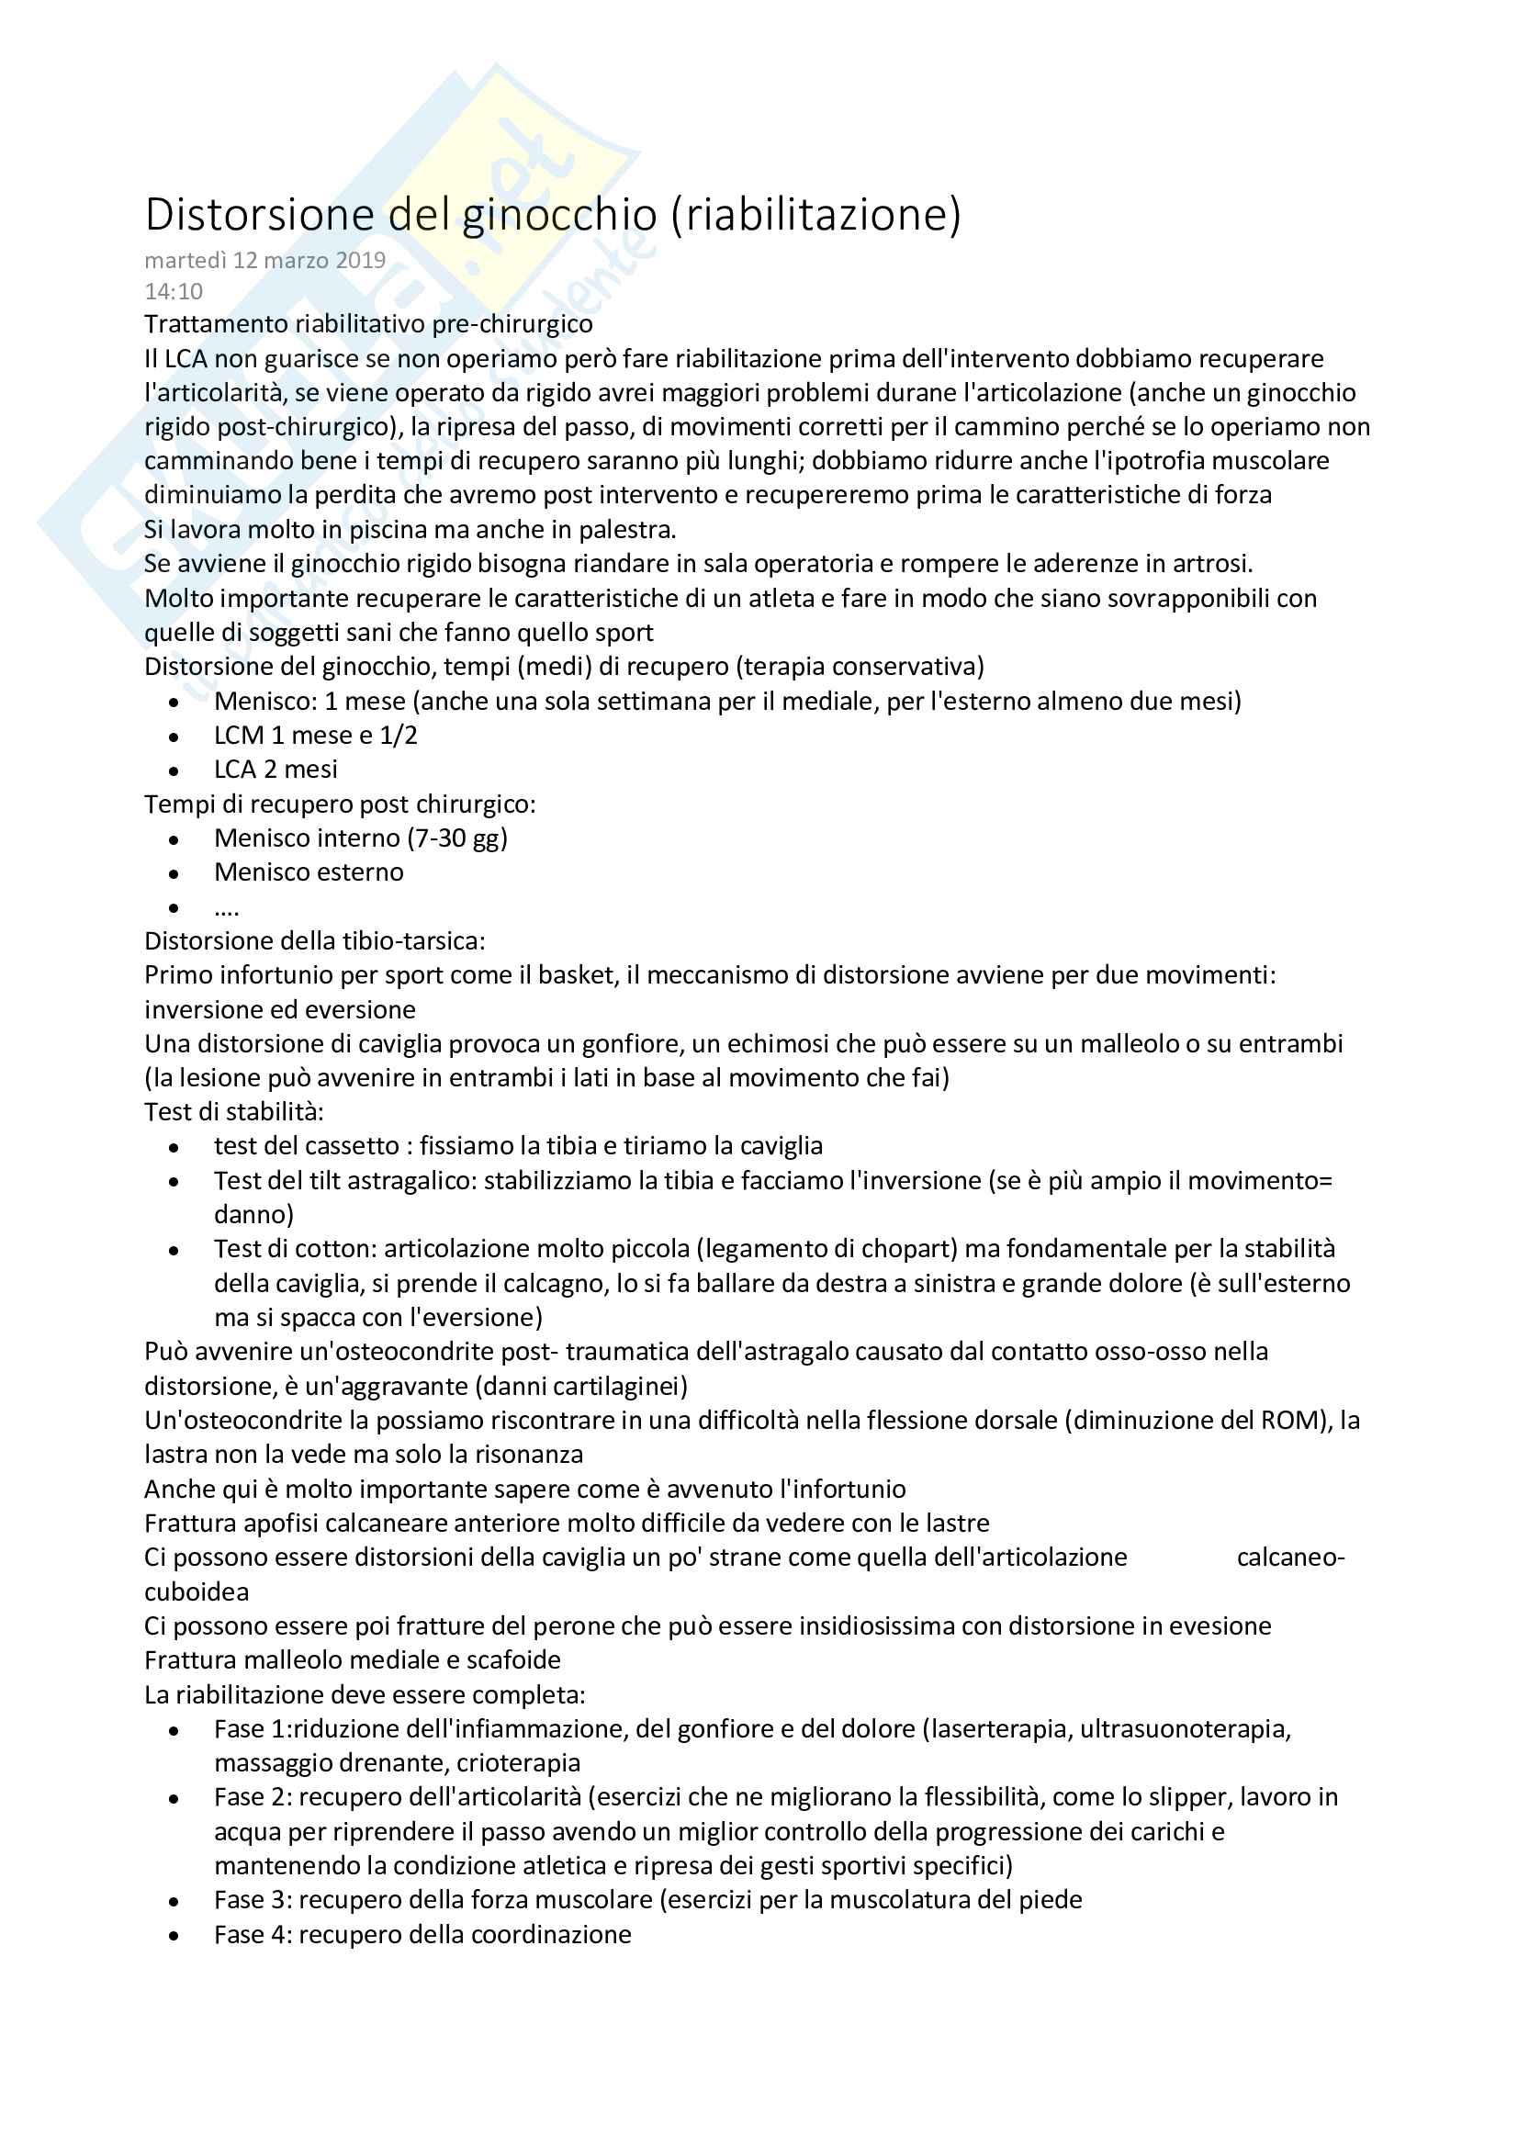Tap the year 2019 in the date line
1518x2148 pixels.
(361, 260)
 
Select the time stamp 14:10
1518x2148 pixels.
(173, 292)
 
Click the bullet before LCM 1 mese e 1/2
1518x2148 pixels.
(174, 737)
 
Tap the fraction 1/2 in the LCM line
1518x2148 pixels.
(399, 736)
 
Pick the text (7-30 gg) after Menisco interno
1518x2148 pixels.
(457, 838)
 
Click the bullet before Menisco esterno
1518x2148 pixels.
(174, 873)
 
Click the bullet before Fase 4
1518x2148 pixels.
(174, 1936)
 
